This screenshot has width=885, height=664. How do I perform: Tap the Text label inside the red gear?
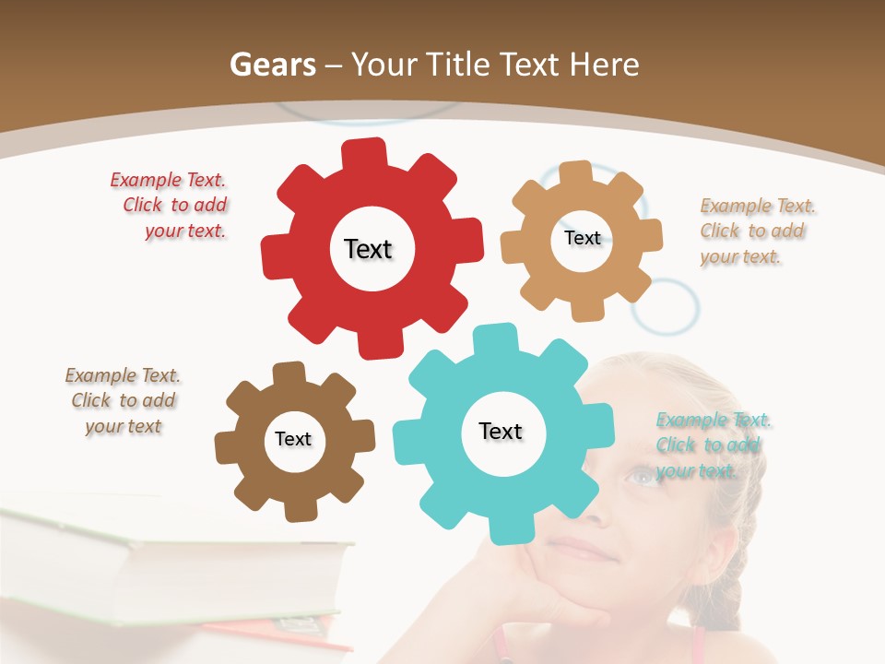pos(368,249)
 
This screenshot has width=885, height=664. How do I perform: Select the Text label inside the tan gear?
pos(582,238)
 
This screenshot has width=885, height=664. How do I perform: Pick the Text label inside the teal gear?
pos(501,432)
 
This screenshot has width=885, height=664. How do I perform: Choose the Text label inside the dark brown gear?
pos(293,439)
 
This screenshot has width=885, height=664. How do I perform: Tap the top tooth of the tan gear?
pos(575,172)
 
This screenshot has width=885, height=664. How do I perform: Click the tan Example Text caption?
pos(756,231)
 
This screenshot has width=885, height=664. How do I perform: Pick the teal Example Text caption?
pos(712,445)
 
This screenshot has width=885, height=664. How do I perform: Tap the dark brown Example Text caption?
pos(124,401)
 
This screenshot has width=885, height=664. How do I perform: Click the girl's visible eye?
pos(643,476)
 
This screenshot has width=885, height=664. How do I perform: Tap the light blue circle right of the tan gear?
pos(665,306)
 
